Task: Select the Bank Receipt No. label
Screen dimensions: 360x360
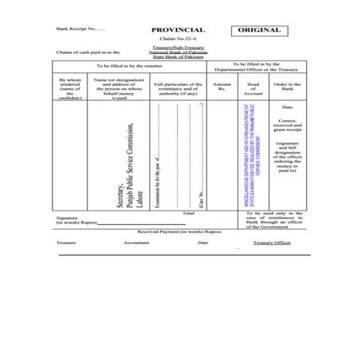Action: (81, 29)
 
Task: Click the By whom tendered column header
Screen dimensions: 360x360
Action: (69, 89)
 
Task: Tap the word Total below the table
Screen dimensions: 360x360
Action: (188, 214)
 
